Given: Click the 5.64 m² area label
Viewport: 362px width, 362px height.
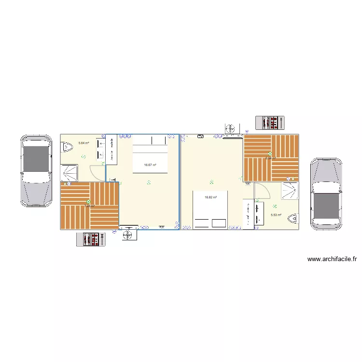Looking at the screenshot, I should [x=84, y=143].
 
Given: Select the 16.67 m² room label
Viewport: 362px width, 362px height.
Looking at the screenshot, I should [x=150, y=165].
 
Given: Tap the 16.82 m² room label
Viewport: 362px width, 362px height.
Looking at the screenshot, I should [x=210, y=197].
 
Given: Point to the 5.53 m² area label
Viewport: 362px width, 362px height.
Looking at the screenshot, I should [x=276, y=215].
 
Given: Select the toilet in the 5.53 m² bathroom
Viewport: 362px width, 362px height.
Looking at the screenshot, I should [x=292, y=219].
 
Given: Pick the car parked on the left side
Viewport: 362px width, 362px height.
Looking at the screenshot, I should [x=36, y=170].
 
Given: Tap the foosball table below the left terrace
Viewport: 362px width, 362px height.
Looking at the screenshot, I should [x=91, y=239].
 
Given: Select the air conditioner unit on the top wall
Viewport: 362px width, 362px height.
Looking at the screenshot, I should [x=232, y=129].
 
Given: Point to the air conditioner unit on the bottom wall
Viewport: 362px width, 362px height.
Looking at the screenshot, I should [x=128, y=235].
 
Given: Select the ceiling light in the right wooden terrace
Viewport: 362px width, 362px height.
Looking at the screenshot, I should [x=270, y=154].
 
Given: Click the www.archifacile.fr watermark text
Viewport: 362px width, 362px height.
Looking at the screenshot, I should [x=332, y=259].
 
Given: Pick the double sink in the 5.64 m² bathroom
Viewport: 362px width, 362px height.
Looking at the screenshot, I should [x=101, y=149].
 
